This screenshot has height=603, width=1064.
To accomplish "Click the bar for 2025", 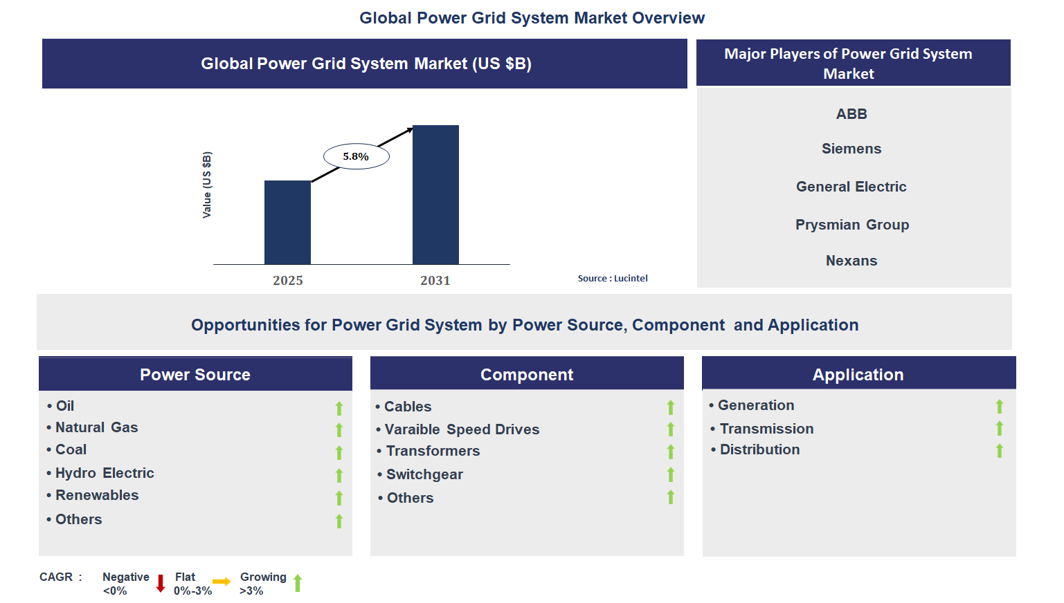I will (287, 222).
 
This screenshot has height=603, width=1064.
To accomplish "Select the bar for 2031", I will (435, 194).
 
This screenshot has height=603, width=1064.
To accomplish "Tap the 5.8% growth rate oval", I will (356, 156).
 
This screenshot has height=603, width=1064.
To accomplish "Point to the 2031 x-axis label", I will (435, 280).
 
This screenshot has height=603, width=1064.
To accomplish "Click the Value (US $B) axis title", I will (207, 185).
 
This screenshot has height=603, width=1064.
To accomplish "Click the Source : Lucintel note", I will (613, 278).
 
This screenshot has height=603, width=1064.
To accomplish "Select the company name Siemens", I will (851, 149).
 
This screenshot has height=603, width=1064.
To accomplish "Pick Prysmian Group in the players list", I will (851, 225).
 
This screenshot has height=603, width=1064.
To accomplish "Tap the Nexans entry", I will (851, 261).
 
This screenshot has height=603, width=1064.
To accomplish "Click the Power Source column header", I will (195, 374).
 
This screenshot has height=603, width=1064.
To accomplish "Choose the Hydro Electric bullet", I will (104, 473).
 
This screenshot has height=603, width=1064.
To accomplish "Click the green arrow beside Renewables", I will (339, 498).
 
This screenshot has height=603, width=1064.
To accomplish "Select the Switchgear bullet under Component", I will (424, 474).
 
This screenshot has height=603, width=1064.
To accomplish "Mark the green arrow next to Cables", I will (670, 407).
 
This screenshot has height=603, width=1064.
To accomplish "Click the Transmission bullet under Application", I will (766, 429).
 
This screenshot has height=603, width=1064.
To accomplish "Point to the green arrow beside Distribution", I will (999, 451).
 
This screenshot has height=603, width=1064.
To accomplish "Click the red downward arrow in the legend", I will (161, 583).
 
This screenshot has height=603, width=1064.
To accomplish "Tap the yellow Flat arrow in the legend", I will (222, 582).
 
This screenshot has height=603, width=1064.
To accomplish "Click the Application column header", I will (858, 374).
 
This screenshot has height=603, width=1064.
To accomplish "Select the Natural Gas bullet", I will (96, 427).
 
